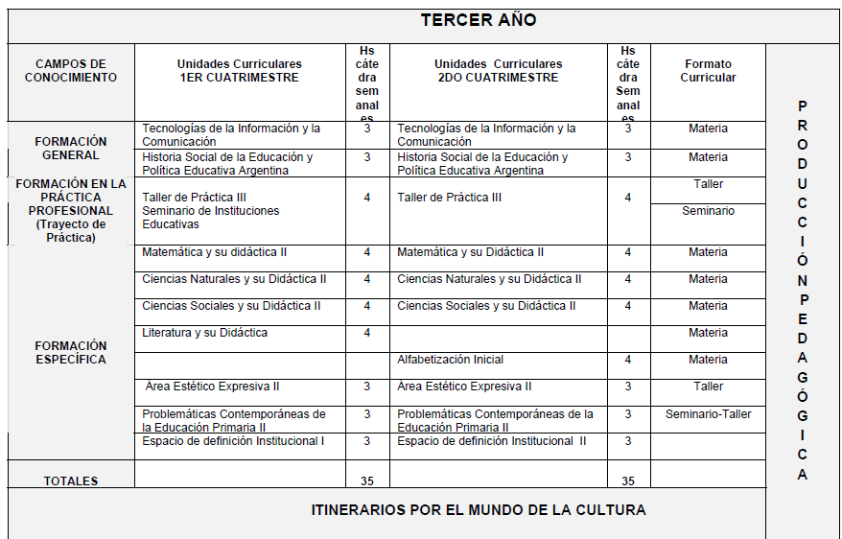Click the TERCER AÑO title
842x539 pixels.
point(478,21)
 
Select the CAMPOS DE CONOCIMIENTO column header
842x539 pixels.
point(71,71)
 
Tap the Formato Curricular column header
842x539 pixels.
point(708,71)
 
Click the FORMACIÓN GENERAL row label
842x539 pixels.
point(71,148)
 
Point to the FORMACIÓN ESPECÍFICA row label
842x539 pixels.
point(71,352)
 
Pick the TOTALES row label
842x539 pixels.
point(71,480)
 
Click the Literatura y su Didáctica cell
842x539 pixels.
point(204,333)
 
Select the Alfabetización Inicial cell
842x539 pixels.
point(450,360)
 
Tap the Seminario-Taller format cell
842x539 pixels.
point(708,414)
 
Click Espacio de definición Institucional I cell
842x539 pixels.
point(233,441)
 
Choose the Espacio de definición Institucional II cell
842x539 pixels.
point(492,441)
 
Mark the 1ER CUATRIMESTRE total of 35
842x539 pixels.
point(367,480)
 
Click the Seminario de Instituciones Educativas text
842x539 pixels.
point(210,217)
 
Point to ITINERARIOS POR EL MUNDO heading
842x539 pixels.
point(478,509)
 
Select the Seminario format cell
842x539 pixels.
point(708,210)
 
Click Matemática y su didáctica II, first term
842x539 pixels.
point(215,252)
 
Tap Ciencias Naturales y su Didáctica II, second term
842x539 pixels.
point(489,279)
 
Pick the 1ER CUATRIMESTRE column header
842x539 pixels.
point(239,71)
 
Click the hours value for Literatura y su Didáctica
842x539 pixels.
point(367,333)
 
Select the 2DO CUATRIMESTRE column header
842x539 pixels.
point(497,71)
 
